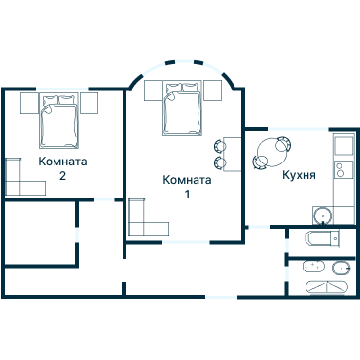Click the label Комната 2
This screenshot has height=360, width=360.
pyautogui.click(x=62, y=168)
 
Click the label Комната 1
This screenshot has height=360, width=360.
pyautogui.click(x=187, y=187)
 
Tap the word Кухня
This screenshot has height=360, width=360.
pyautogui.click(x=298, y=177)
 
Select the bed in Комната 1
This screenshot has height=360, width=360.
pyautogui.click(x=183, y=108)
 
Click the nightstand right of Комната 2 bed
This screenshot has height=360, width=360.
pyautogui.click(x=90, y=102)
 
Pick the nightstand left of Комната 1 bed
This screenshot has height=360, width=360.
pyautogui.click(x=153, y=90)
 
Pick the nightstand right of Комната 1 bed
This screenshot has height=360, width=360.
pyautogui.click(x=213, y=90)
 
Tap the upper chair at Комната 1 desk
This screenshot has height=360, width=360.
pyautogui.click(x=220, y=147)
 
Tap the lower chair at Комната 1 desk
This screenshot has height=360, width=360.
pyautogui.click(x=220, y=162)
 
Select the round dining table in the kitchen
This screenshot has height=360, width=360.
pyautogui.click(x=270, y=153)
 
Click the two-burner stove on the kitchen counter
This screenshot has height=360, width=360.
pyautogui.click(x=342, y=175)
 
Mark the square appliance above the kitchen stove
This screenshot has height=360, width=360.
pyautogui.click(x=343, y=146)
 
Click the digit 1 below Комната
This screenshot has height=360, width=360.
pyautogui.click(x=187, y=195)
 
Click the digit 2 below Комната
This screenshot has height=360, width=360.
pyautogui.click(x=62, y=176)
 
